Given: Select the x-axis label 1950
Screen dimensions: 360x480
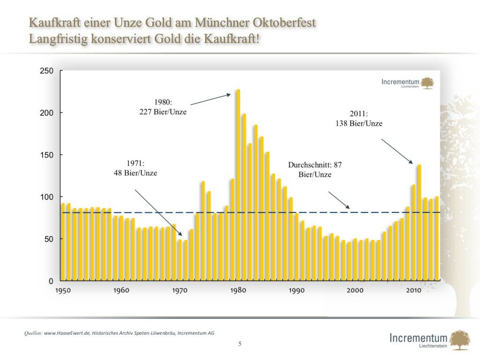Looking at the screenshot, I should pyautogui.click(x=63, y=291).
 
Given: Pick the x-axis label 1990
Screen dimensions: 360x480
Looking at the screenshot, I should pyautogui.click(x=297, y=291).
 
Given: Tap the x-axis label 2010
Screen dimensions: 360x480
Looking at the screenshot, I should pyautogui.click(x=413, y=291).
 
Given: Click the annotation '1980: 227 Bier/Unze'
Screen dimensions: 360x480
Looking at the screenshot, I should pyautogui.click(x=163, y=106).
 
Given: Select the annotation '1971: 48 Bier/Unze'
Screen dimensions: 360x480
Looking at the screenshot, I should pyautogui.click(x=135, y=168).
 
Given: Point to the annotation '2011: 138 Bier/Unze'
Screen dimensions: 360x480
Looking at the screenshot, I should pyautogui.click(x=360, y=119).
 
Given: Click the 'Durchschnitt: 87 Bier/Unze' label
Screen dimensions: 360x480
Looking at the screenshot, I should pyautogui.click(x=315, y=170).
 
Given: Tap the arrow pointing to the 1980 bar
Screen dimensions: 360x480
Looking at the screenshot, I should pyautogui.click(x=210, y=99).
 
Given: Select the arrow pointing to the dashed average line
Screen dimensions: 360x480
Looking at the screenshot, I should pyautogui.click(x=338, y=200).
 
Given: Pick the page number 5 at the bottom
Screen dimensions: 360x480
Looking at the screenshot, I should pyautogui.click(x=240, y=344).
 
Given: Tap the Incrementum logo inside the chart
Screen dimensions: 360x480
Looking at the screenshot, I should pyautogui.click(x=407, y=83).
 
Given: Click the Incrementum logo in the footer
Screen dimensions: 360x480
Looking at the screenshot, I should pyautogui.click(x=425, y=340).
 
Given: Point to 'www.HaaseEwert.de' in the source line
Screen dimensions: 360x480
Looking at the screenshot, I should pyautogui.click(x=67, y=333).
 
